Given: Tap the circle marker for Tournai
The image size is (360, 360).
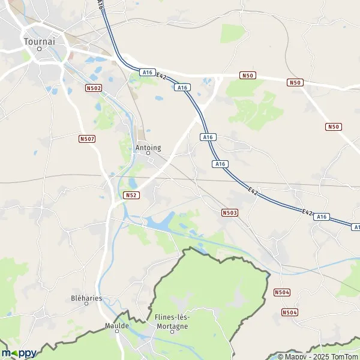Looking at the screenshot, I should (x=39, y=49).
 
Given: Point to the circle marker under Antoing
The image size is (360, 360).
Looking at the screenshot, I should (x=149, y=153).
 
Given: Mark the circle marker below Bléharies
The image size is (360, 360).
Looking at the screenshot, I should (x=86, y=304).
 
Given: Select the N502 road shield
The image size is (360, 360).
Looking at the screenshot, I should (x=93, y=88).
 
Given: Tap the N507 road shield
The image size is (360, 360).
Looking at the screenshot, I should (x=86, y=139).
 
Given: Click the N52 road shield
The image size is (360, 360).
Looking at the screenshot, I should (x=131, y=195).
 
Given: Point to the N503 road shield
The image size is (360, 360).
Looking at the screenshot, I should (x=229, y=212).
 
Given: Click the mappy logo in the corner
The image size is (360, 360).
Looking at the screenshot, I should (x=19, y=353).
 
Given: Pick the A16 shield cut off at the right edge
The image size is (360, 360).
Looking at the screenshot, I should (x=356, y=227).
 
